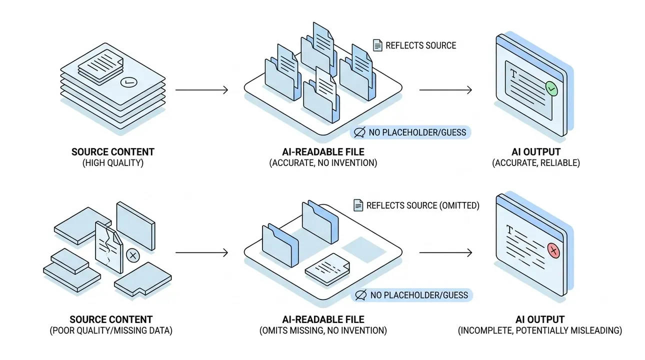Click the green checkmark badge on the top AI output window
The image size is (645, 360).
click(551, 88)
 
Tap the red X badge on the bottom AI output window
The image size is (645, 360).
click(553, 250)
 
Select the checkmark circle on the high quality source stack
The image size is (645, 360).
click(128, 82)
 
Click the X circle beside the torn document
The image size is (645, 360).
click(133, 255)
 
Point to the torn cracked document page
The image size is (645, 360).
click(109, 247)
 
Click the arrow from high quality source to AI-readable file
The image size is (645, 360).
click(201, 90)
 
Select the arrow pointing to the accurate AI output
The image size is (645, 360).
click(445, 90)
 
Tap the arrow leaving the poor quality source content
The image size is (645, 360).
click(201, 252)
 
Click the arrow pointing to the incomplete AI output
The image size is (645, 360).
click(445, 252)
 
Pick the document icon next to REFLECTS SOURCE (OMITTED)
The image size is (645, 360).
click(358, 205)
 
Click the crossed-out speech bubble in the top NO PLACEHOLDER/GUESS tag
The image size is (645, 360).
click(359, 132)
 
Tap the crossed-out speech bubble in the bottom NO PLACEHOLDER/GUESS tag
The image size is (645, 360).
click(361, 295)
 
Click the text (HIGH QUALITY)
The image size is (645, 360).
click(113, 163)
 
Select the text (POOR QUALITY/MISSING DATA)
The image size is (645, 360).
click(111, 330)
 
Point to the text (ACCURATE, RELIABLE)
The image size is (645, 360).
click(536, 163)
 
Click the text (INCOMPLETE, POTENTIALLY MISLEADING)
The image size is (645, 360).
click(540, 330)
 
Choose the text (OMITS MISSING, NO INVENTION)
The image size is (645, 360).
click(323, 330)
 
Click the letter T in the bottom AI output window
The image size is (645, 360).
click(509, 230)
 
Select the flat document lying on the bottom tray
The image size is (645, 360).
click(327, 269)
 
